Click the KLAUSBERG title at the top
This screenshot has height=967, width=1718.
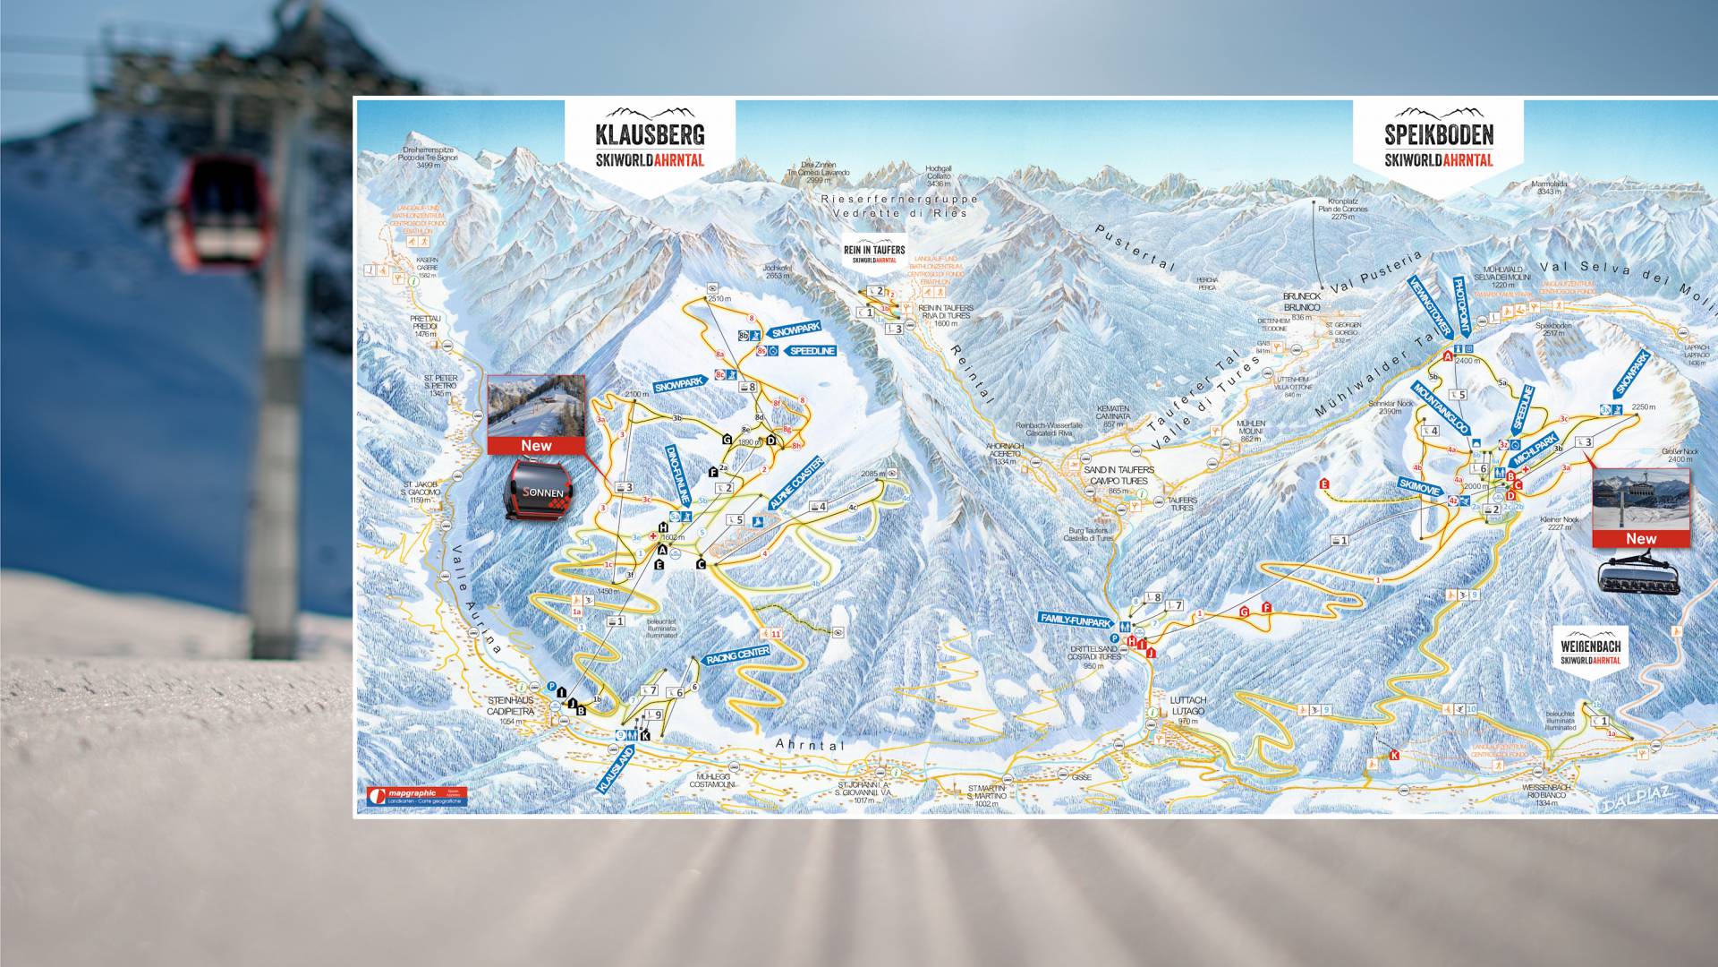pyautogui.click(x=650, y=135)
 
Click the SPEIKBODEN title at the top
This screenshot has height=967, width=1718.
pyautogui.click(x=1439, y=135)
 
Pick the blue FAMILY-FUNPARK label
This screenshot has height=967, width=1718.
pyautogui.click(x=1075, y=619)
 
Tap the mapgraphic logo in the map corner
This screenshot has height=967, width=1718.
pyautogui.click(x=416, y=796)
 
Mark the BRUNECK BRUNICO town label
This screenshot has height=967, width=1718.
pyautogui.click(x=1302, y=302)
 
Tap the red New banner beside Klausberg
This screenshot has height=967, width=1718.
pyautogui.click(x=536, y=445)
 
